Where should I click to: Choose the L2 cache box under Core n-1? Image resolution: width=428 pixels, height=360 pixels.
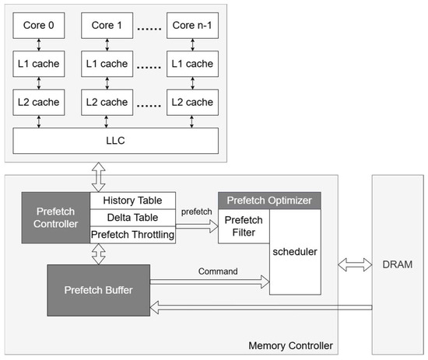pos(192,103)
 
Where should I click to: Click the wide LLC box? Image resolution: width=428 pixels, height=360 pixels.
pos(115,141)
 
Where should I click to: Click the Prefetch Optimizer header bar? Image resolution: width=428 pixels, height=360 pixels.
pos(268,201)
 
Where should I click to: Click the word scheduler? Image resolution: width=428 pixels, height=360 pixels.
pos(295,252)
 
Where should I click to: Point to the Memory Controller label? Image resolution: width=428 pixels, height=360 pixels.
pos(291,344)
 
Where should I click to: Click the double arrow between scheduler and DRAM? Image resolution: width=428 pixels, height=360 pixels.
pos(354,264)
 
